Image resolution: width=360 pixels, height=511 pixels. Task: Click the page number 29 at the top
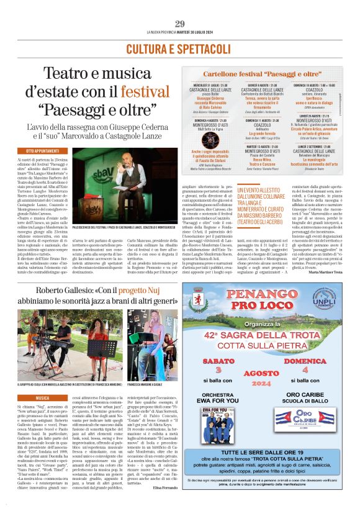pos(180,24)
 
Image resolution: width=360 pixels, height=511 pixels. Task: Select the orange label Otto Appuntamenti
pos(47,151)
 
